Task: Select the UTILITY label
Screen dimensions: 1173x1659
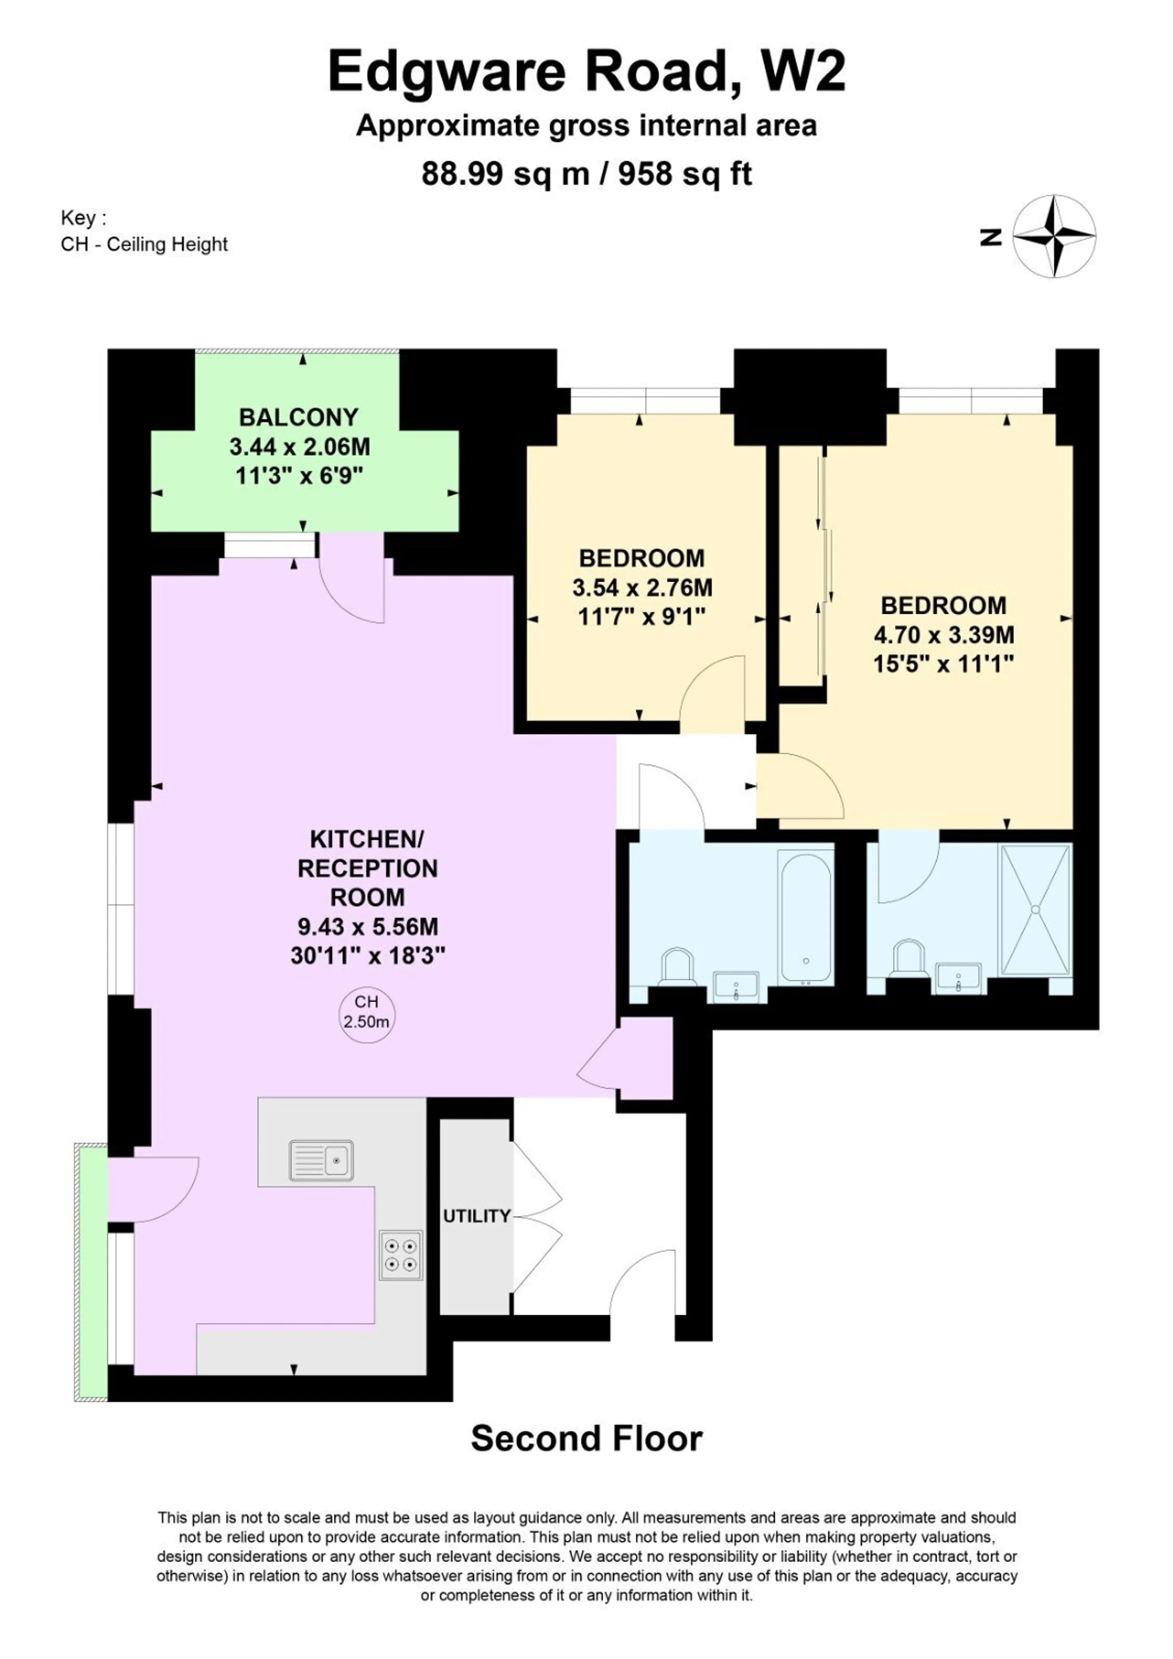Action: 477,1216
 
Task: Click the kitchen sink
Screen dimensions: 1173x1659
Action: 322,1160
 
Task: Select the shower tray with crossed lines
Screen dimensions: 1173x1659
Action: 1035,910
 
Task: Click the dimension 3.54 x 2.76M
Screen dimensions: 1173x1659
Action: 643,588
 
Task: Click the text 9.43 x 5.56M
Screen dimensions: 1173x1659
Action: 368,926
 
